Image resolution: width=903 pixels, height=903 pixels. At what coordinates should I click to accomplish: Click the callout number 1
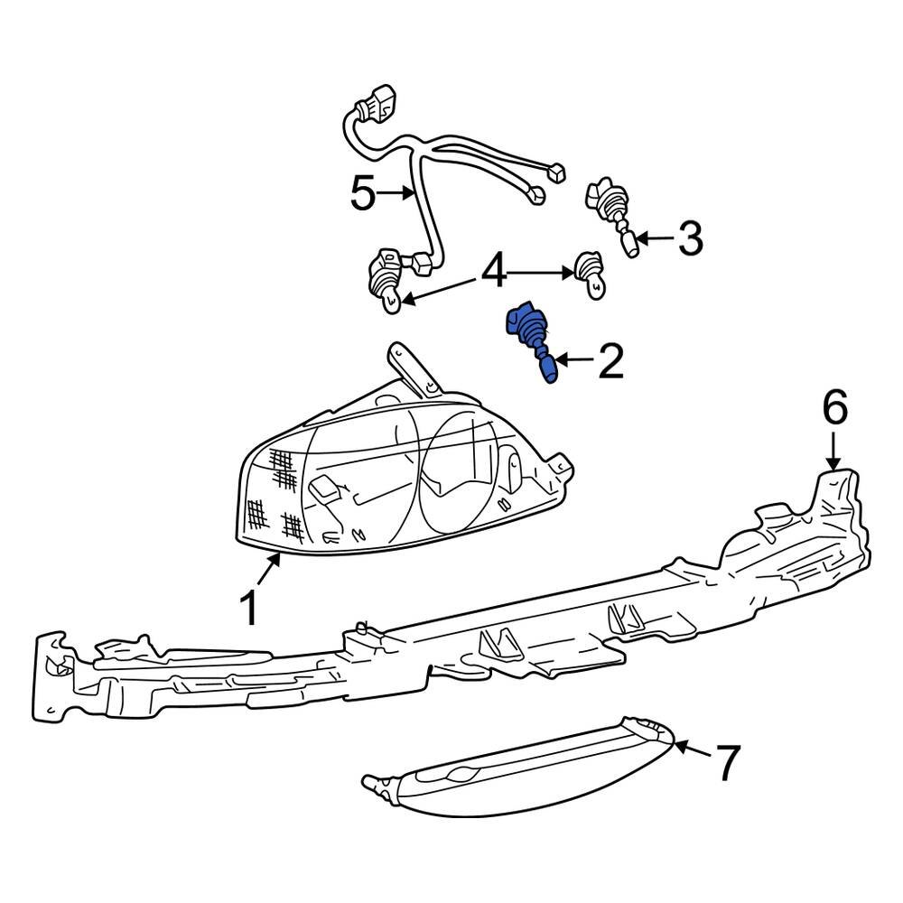click(249, 608)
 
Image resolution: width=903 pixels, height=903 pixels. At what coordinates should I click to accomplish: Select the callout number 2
click(609, 361)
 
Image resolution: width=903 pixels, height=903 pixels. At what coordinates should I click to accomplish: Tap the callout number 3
click(689, 239)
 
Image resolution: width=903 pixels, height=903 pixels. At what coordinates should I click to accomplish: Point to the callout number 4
click(494, 272)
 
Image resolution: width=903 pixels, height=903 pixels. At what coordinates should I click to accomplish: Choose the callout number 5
click(363, 193)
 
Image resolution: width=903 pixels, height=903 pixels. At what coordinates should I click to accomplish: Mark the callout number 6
click(833, 409)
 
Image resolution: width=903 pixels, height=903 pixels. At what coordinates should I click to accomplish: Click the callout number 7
click(727, 763)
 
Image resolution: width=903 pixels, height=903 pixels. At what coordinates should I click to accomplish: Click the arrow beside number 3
click(654, 239)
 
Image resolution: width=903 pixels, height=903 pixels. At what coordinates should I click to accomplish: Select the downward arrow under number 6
click(833, 449)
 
